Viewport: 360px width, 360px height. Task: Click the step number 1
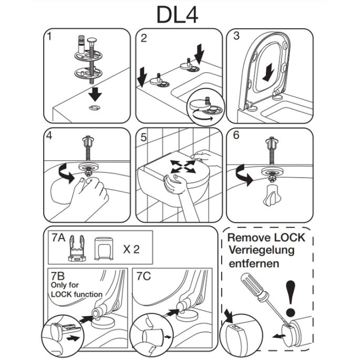coord(49,37)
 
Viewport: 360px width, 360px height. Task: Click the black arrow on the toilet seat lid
coord(269,71)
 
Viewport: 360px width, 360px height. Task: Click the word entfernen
coord(254,263)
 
